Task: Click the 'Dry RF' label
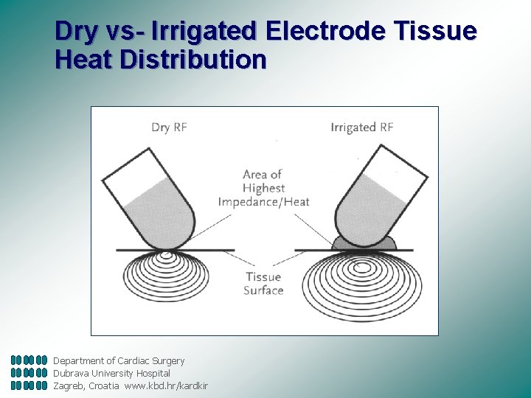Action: (x=169, y=127)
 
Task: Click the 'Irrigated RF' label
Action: (x=361, y=127)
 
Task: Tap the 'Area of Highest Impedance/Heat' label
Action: (x=263, y=188)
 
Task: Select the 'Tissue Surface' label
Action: (x=263, y=284)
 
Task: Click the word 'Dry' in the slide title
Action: (x=74, y=32)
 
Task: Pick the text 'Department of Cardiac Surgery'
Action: (x=119, y=360)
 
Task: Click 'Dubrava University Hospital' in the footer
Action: (x=111, y=373)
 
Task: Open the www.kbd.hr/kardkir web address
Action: (x=166, y=385)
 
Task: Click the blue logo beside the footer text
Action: (x=29, y=373)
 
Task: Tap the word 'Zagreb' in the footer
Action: (x=69, y=385)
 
